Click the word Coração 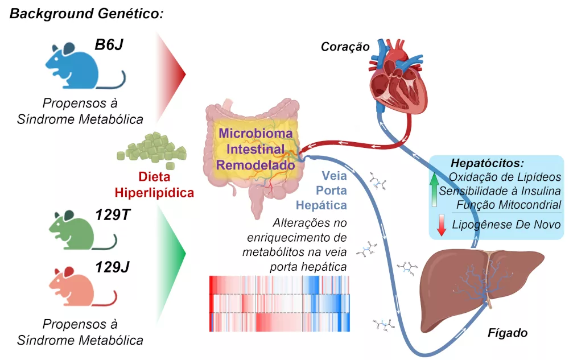point(345,45)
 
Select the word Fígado point(508,332)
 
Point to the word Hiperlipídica point(154,192)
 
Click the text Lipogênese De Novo point(506,225)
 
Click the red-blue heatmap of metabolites point(279,303)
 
